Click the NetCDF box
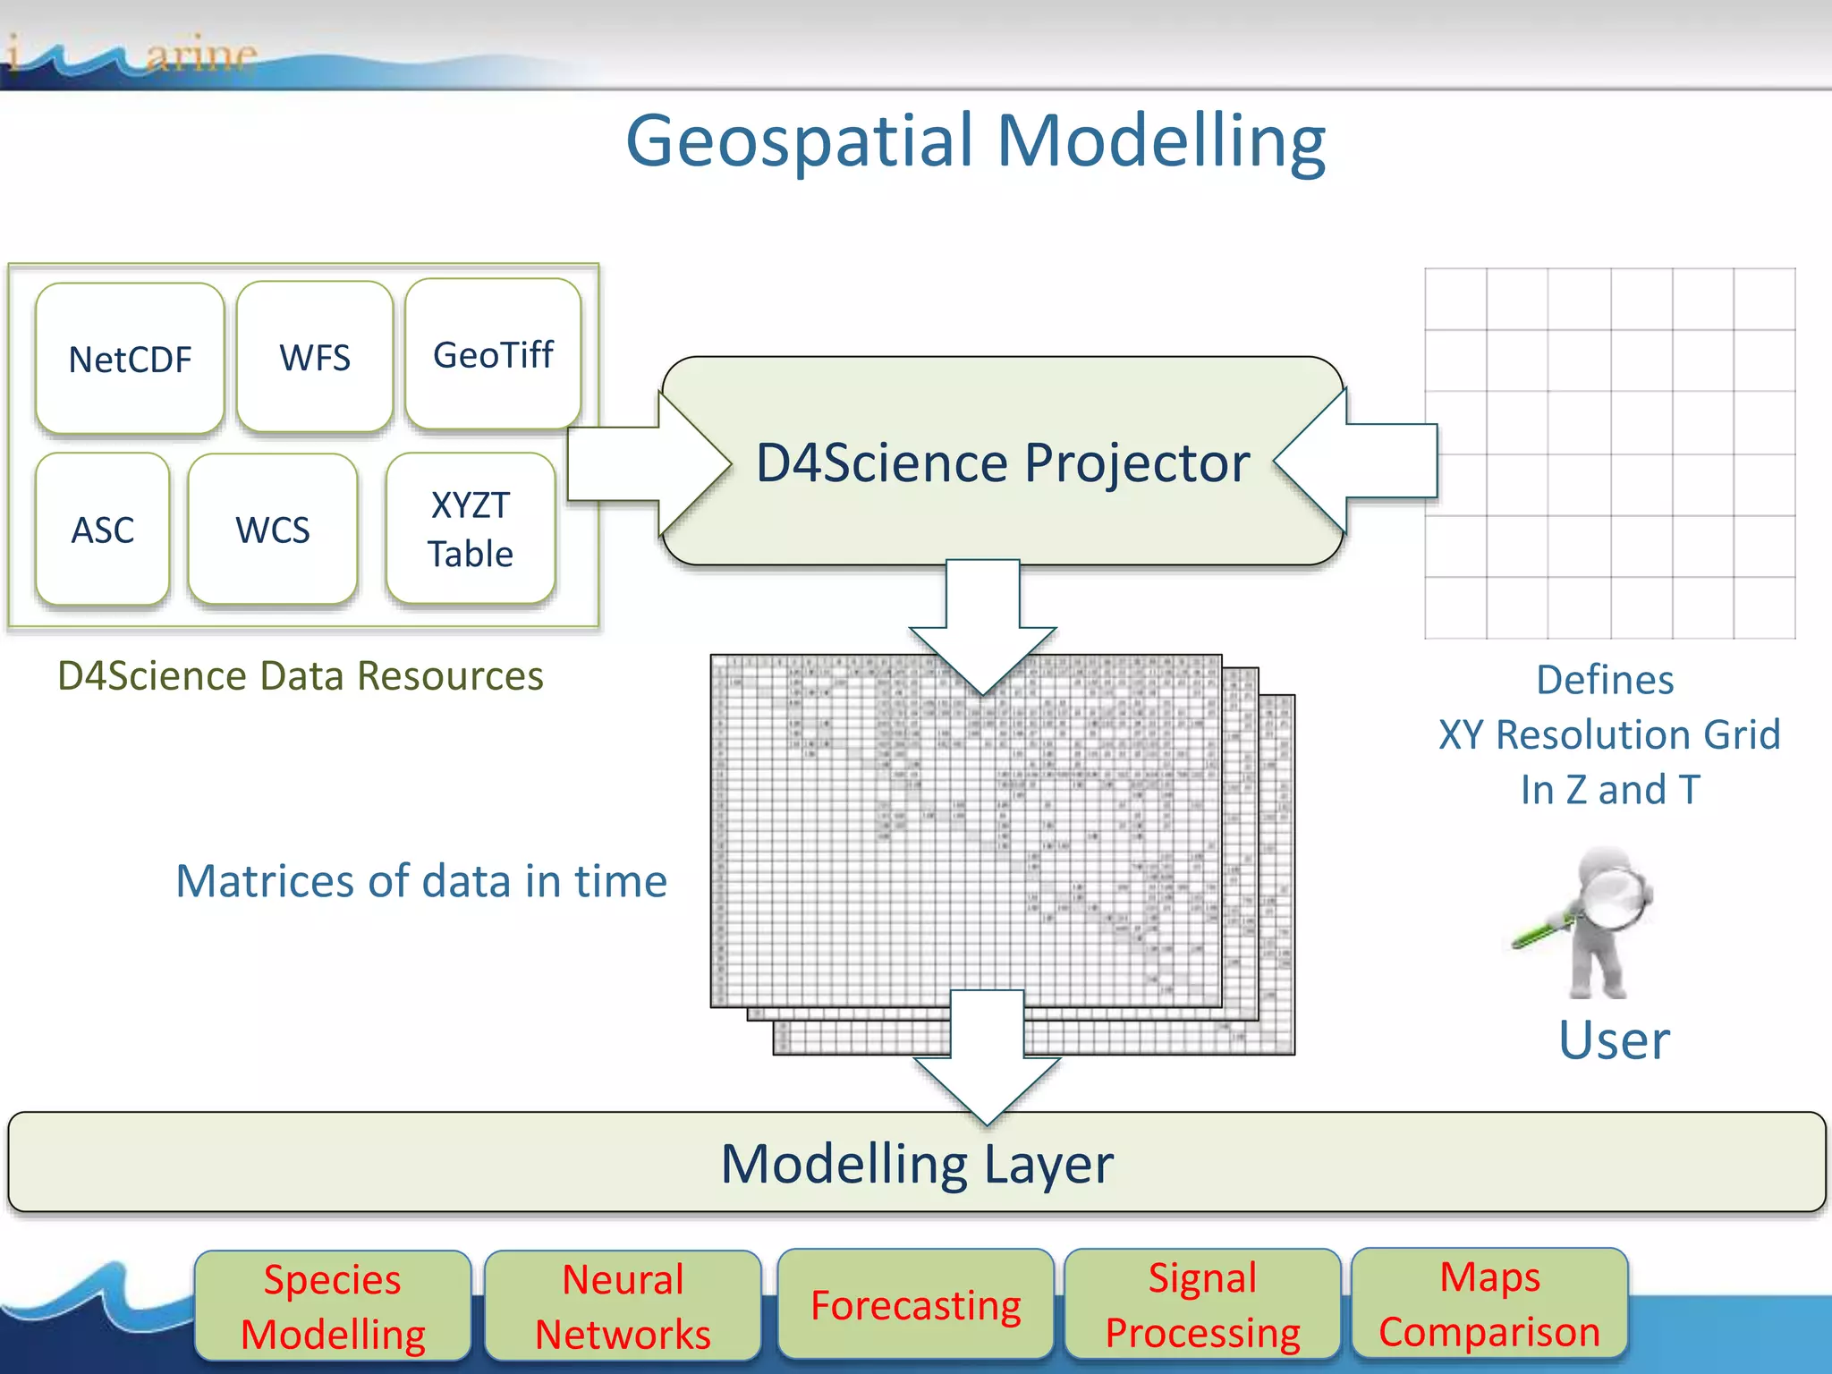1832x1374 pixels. (130, 359)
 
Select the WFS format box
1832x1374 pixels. (315, 357)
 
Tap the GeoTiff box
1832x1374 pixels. (493, 354)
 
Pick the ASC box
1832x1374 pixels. (103, 530)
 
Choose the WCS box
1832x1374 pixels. (273, 530)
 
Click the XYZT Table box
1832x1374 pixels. (471, 530)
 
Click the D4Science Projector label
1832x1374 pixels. (1003, 462)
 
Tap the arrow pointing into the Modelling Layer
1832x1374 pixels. (987, 1056)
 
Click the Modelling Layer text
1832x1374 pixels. (917, 1164)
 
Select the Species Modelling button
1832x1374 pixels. (333, 1306)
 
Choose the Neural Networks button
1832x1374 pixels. (623, 1306)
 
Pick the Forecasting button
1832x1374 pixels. (916, 1305)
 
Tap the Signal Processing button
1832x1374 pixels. (1202, 1304)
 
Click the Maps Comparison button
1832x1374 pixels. (1489, 1303)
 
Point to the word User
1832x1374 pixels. (1614, 1039)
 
